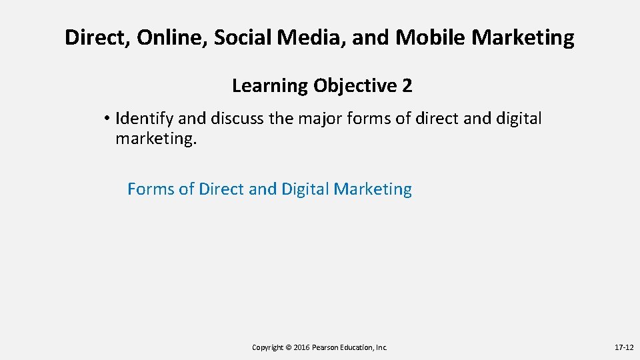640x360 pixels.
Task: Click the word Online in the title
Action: [173, 38]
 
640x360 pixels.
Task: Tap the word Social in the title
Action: [243, 38]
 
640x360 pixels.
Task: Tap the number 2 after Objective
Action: [407, 86]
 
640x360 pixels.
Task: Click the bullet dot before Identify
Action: [107, 119]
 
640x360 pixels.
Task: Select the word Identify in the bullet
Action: [145, 119]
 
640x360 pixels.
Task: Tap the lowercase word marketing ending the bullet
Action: [155, 139]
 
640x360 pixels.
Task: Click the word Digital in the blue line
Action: [305, 189]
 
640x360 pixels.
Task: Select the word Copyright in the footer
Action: [267, 347]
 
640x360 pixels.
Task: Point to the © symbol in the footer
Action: [289, 347]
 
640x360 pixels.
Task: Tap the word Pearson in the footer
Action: [327, 347]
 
